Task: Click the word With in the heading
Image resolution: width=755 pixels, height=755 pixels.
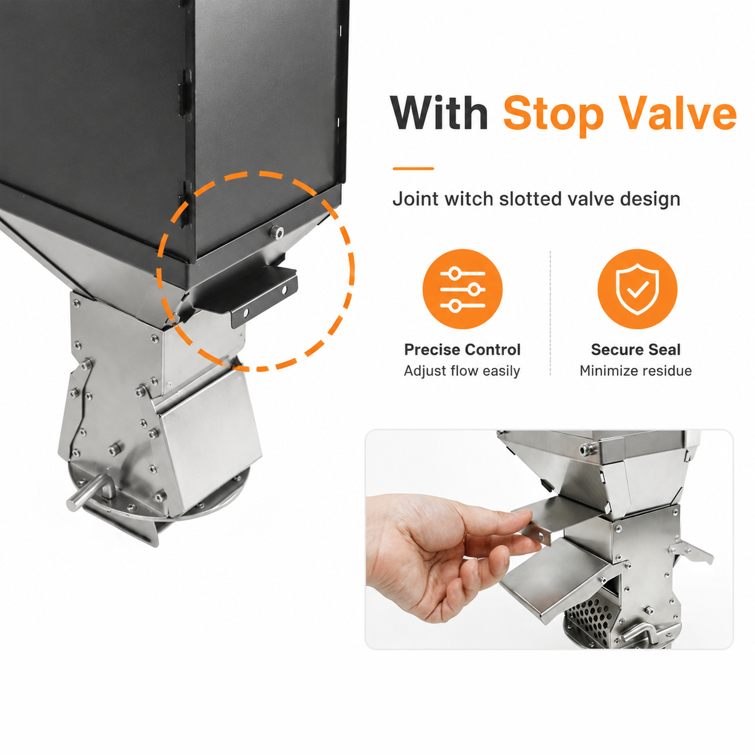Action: click(x=439, y=113)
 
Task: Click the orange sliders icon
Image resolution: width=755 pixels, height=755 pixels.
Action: click(x=462, y=289)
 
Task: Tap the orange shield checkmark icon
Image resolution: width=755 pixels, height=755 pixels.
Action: click(x=637, y=289)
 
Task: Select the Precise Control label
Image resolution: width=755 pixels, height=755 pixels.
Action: click(x=462, y=349)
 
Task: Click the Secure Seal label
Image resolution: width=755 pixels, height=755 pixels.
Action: click(x=636, y=349)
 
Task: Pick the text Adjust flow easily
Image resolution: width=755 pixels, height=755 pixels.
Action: click(x=462, y=371)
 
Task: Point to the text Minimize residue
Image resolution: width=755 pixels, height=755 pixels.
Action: click(x=636, y=371)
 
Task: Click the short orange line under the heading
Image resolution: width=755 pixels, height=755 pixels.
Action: click(x=414, y=169)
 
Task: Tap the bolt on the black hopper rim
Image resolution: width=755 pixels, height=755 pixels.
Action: click(x=278, y=233)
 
